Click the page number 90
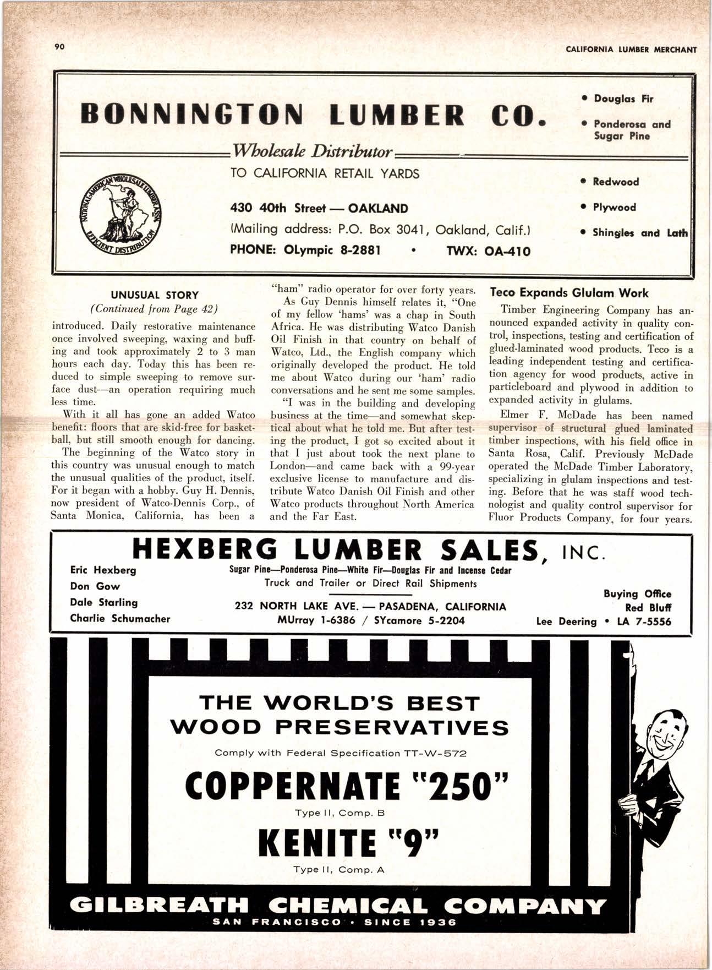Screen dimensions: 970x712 (x=60, y=47)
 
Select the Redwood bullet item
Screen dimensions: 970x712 (x=615, y=182)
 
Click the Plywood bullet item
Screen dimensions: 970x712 (x=614, y=208)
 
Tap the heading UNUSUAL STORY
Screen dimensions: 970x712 (x=155, y=295)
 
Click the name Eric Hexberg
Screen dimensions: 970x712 (x=103, y=570)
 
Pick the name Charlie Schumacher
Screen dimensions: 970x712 (x=120, y=618)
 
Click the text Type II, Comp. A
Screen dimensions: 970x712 (x=338, y=870)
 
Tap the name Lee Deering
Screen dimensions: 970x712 (x=566, y=622)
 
